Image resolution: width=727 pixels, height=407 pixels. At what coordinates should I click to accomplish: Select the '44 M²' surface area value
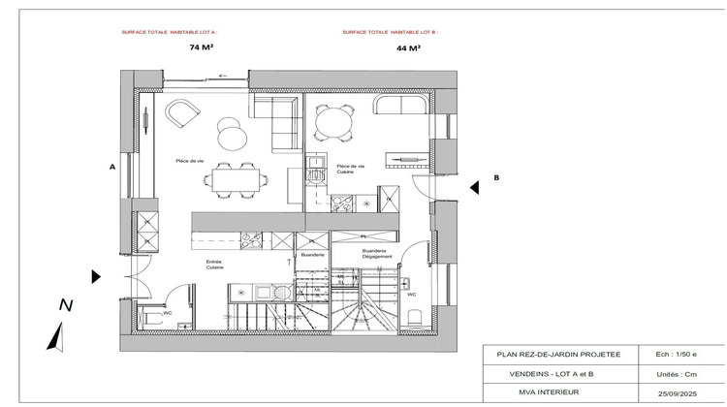pyautogui.click(x=408, y=47)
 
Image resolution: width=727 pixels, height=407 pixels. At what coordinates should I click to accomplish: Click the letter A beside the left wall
pyautogui.click(x=112, y=167)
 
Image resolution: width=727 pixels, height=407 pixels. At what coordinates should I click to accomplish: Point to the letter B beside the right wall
pyautogui.click(x=495, y=178)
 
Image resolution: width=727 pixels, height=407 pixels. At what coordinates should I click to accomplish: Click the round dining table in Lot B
pyautogui.click(x=332, y=122)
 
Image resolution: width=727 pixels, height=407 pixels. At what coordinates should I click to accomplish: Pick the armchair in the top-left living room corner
pyautogui.click(x=179, y=113)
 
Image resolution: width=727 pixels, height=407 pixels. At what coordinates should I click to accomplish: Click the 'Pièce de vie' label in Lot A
pyautogui.click(x=189, y=160)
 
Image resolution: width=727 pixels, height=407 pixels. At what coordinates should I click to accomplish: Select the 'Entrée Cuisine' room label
pyautogui.click(x=216, y=264)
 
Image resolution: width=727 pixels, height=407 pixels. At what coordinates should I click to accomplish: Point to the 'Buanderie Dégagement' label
pyautogui.click(x=374, y=254)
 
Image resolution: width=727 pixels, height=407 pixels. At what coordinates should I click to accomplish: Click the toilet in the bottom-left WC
pyautogui.click(x=149, y=317)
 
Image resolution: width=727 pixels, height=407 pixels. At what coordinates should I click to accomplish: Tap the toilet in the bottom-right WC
pyautogui.click(x=412, y=316)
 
